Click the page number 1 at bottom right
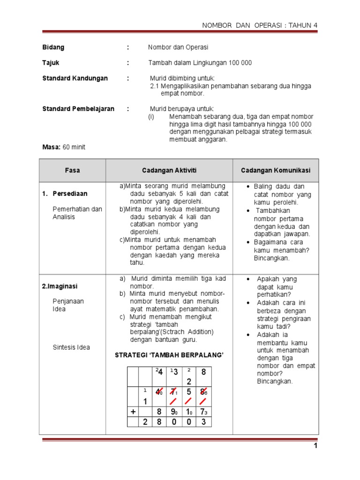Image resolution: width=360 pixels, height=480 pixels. [316, 446]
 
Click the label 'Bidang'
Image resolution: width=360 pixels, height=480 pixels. [53, 47]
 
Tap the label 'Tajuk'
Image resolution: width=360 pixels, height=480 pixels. [51, 63]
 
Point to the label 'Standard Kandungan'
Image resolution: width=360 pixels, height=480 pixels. [75, 78]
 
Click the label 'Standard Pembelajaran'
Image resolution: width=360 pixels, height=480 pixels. [78, 109]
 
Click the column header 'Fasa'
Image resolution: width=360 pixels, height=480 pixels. [73, 171]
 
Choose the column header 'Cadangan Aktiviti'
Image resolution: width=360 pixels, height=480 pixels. [169, 171]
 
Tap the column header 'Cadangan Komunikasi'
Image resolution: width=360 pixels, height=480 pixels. [276, 171]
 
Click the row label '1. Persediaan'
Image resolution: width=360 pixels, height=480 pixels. [70, 194]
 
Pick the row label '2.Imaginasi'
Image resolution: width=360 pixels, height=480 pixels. [65, 286]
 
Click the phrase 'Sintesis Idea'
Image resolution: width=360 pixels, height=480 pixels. [71, 347]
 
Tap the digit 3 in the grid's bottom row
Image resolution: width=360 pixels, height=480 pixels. [203, 422]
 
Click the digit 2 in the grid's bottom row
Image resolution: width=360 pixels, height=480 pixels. [145, 422]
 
